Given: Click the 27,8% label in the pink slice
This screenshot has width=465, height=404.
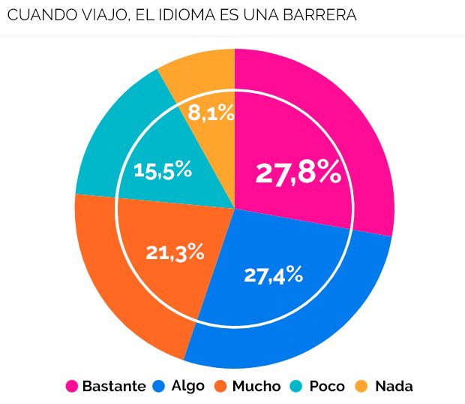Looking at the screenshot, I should pyautogui.click(x=298, y=173).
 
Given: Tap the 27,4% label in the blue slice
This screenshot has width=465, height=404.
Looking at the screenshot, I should pyautogui.click(x=273, y=275).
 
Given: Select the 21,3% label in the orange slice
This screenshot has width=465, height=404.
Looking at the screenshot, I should pyautogui.click(x=175, y=252).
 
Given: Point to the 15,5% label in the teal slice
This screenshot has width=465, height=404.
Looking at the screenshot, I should pyautogui.click(x=163, y=170).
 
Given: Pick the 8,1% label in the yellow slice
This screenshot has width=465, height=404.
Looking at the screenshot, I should pyautogui.click(x=211, y=113).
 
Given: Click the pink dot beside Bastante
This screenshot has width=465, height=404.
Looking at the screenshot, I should pyautogui.click(x=72, y=387).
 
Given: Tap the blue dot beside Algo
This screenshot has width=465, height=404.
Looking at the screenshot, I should pyautogui.click(x=159, y=387).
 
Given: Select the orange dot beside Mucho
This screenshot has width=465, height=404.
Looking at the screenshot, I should pyautogui.click(x=220, y=387).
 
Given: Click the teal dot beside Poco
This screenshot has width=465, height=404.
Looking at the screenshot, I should pyautogui.click(x=297, y=387).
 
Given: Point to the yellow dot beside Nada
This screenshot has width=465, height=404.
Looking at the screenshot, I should pyautogui.click(x=361, y=387).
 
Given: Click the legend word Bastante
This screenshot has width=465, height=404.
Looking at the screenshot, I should pyautogui.click(x=114, y=387).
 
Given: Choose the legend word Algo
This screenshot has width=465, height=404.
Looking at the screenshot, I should pyautogui.click(x=187, y=387).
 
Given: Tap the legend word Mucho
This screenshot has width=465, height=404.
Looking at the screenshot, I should pyautogui.click(x=256, y=387).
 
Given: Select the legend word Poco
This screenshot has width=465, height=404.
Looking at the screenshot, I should pyautogui.click(x=327, y=387).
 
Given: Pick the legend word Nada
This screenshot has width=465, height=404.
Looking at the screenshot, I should pyautogui.click(x=394, y=387).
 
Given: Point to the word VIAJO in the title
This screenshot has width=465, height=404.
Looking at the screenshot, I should pyautogui.click(x=95, y=15).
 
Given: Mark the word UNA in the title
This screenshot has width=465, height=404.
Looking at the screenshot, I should pyautogui.click(x=263, y=15).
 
